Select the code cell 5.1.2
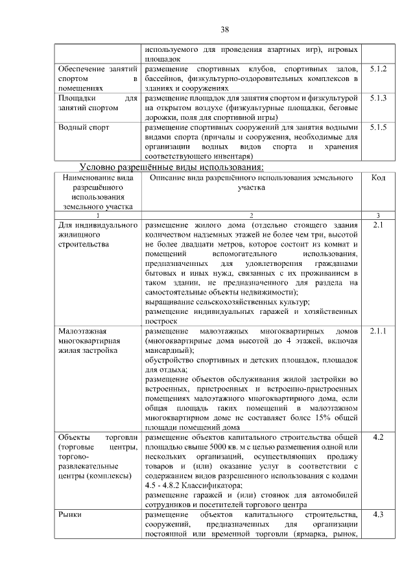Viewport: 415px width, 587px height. [x=378, y=69]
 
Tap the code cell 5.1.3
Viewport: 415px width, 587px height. [x=378, y=98]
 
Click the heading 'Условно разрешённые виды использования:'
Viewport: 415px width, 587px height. [x=171, y=167]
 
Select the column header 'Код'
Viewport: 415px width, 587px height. [x=378, y=178]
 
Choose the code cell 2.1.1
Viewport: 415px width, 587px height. [x=378, y=331]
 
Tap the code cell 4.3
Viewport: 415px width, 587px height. [x=378, y=514]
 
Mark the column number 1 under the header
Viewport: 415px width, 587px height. [x=97, y=215]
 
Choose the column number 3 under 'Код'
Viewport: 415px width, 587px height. [x=378, y=215]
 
